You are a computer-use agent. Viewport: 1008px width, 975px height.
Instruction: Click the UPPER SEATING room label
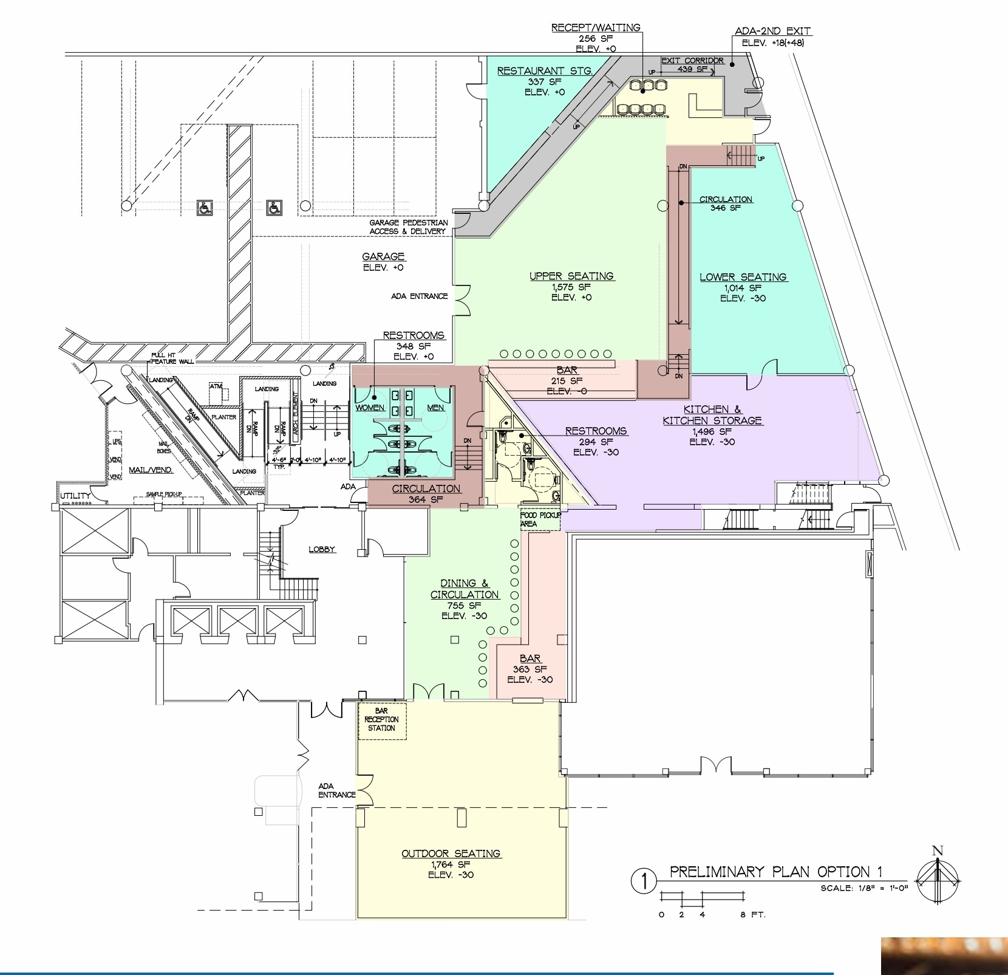point(571,276)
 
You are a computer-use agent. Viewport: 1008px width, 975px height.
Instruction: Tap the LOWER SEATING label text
point(743,278)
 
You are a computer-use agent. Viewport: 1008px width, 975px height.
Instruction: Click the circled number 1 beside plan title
point(644,881)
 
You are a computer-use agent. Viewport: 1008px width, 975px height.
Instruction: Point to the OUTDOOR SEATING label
point(451,854)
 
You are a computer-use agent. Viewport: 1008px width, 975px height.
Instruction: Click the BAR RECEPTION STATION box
point(381,720)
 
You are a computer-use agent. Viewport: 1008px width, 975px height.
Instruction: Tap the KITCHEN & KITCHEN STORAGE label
point(712,415)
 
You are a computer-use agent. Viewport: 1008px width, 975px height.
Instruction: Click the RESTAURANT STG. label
point(545,71)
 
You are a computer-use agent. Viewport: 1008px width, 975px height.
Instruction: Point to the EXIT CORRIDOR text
point(692,61)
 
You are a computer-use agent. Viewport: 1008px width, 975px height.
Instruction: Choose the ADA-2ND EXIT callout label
point(772,31)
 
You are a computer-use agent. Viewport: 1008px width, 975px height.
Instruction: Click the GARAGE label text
point(383,257)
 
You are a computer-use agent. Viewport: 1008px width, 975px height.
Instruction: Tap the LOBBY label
point(322,550)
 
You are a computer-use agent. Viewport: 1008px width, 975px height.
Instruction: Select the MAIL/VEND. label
point(151,470)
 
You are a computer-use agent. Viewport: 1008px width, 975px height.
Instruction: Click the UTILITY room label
point(75,496)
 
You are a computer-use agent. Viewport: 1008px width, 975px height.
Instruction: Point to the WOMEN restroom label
point(370,408)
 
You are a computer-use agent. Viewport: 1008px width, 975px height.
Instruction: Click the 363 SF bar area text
point(530,669)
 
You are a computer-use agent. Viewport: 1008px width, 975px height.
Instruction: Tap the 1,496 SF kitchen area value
point(712,431)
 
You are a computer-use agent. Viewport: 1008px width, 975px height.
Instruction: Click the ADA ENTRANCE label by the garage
point(419,296)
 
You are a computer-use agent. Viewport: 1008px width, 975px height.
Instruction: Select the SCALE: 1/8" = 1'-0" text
point(863,888)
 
